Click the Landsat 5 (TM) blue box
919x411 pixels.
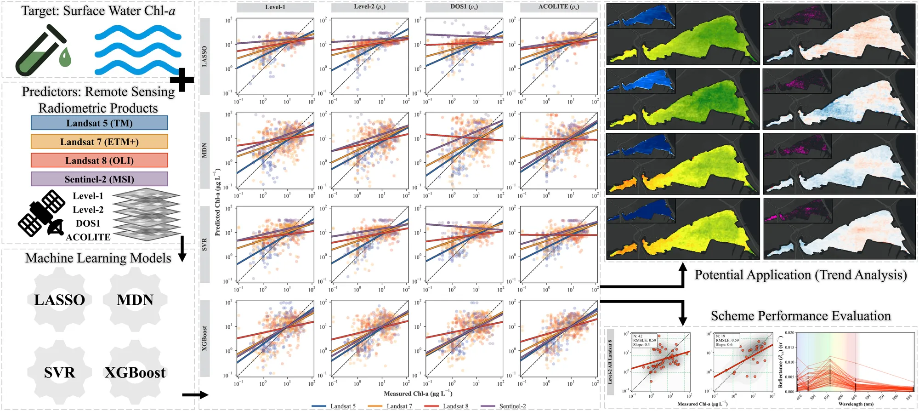pyautogui.click(x=99, y=123)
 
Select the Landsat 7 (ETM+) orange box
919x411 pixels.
pyautogui.click(x=99, y=142)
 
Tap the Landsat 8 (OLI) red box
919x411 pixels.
pyautogui.click(x=99, y=160)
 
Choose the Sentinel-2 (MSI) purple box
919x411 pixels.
pyautogui.click(x=99, y=179)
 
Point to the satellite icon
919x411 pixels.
pyautogui.click(x=41, y=214)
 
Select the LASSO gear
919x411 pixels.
pyautogui.click(x=60, y=300)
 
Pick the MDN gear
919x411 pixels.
pyautogui.click(x=135, y=300)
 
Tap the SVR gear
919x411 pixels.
pyautogui.click(x=60, y=372)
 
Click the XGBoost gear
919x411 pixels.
pyautogui.click(x=135, y=372)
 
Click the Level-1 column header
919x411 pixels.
pyautogui.click(x=275, y=7)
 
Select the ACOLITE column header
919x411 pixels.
pyautogui.click(x=559, y=7)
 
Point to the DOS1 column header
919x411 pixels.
pyautogui.click(x=464, y=7)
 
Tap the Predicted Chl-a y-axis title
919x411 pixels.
pyautogui.click(x=217, y=202)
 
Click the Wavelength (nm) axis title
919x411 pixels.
pyautogui.click(x=856, y=404)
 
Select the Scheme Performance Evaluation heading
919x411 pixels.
pyautogui.click(x=800, y=316)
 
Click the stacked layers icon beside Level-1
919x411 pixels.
pyautogui.click(x=146, y=214)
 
